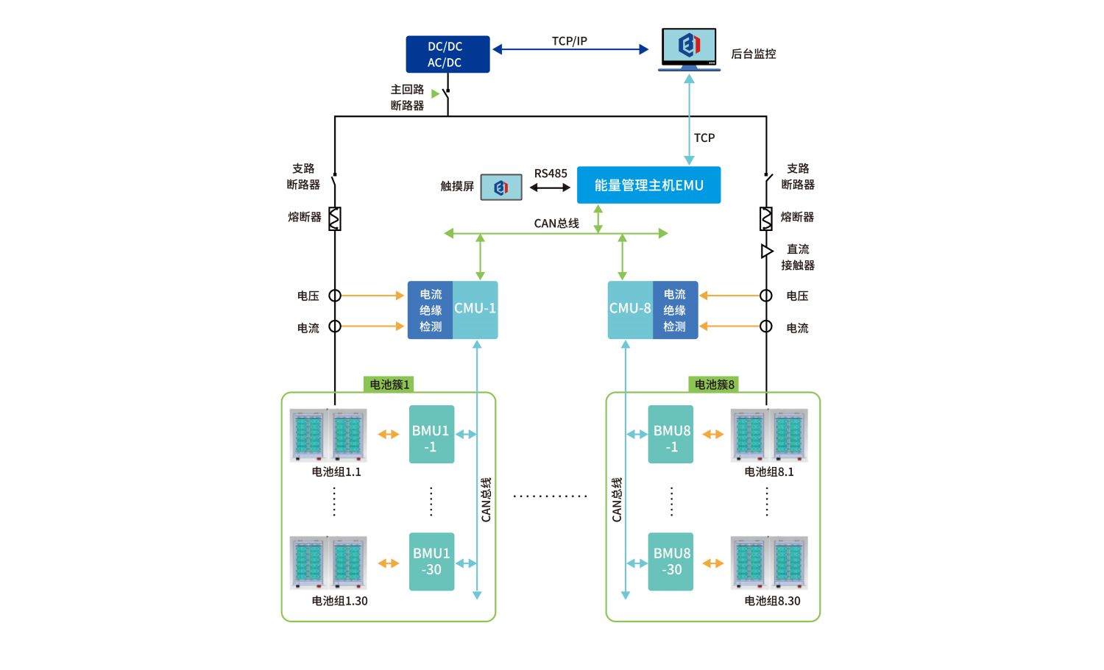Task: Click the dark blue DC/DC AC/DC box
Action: click(447, 54)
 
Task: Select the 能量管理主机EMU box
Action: click(648, 185)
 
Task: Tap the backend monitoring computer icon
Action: click(689, 48)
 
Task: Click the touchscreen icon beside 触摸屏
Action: click(501, 188)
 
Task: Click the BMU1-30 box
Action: click(431, 562)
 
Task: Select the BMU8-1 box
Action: click(670, 434)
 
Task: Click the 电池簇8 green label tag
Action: click(714, 385)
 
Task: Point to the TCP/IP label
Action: click(570, 41)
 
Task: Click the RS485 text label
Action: click(551, 174)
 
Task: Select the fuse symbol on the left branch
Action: click(335, 218)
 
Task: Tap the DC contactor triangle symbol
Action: click(766, 252)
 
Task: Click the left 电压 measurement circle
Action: click(335, 296)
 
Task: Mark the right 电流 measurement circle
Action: click(766, 326)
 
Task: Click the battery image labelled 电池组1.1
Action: click(328, 435)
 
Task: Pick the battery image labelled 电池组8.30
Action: click(769, 563)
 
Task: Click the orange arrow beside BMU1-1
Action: click(388, 435)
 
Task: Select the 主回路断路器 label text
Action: click(407, 97)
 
